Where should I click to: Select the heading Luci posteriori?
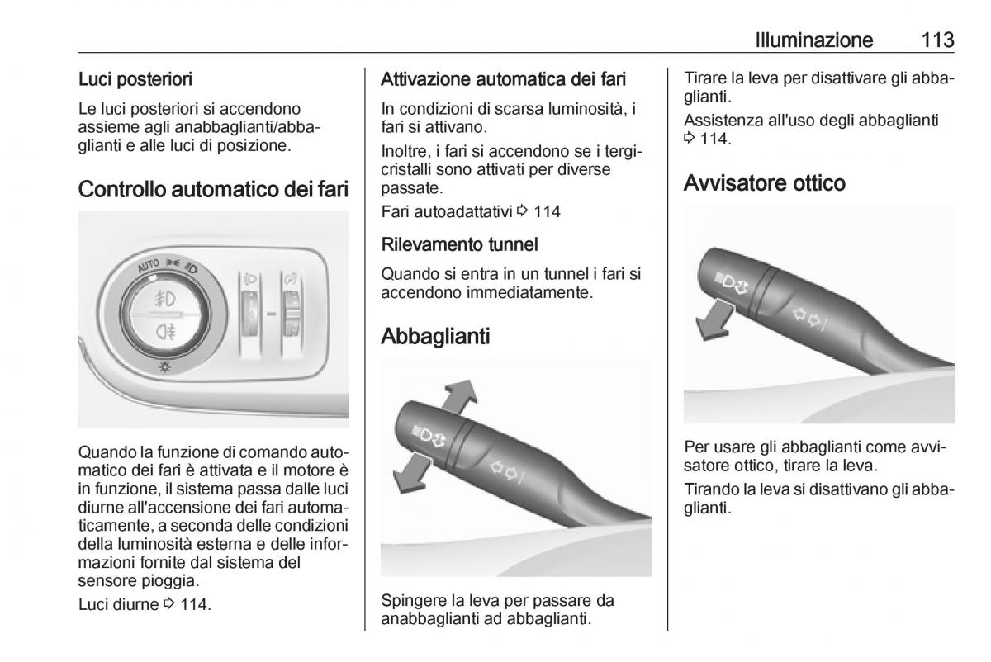(135, 80)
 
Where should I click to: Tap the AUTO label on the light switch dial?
(148, 266)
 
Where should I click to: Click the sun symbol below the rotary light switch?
(165, 366)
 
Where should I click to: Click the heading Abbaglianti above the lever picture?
(435, 337)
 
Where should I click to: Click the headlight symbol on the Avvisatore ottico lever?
(728, 282)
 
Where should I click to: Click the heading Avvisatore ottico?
(765, 182)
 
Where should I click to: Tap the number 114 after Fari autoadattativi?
(548, 212)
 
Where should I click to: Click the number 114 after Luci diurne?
(192, 604)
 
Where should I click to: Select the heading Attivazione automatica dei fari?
(504, 80)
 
